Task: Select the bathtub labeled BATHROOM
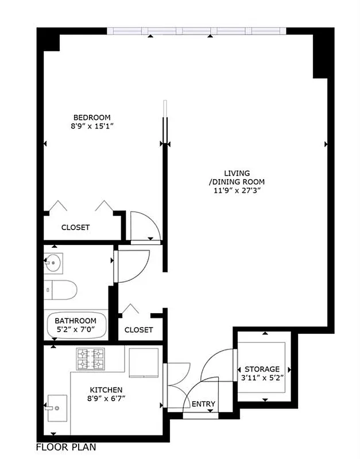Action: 76,325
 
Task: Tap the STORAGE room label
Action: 262,369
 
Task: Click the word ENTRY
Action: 203,404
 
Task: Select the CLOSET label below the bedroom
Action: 76,227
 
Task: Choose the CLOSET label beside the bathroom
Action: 138,330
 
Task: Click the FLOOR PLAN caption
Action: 65,447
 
